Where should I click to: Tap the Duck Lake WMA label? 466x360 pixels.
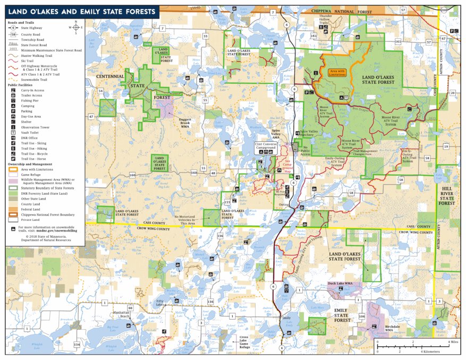click(341, 284)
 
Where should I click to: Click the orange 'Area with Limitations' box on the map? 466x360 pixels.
click(338, 73)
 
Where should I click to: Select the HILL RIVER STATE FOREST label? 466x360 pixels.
click(447, 195)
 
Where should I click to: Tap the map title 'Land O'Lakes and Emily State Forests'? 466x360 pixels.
click(82, 12)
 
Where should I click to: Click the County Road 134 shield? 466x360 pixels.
click(77, 345)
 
